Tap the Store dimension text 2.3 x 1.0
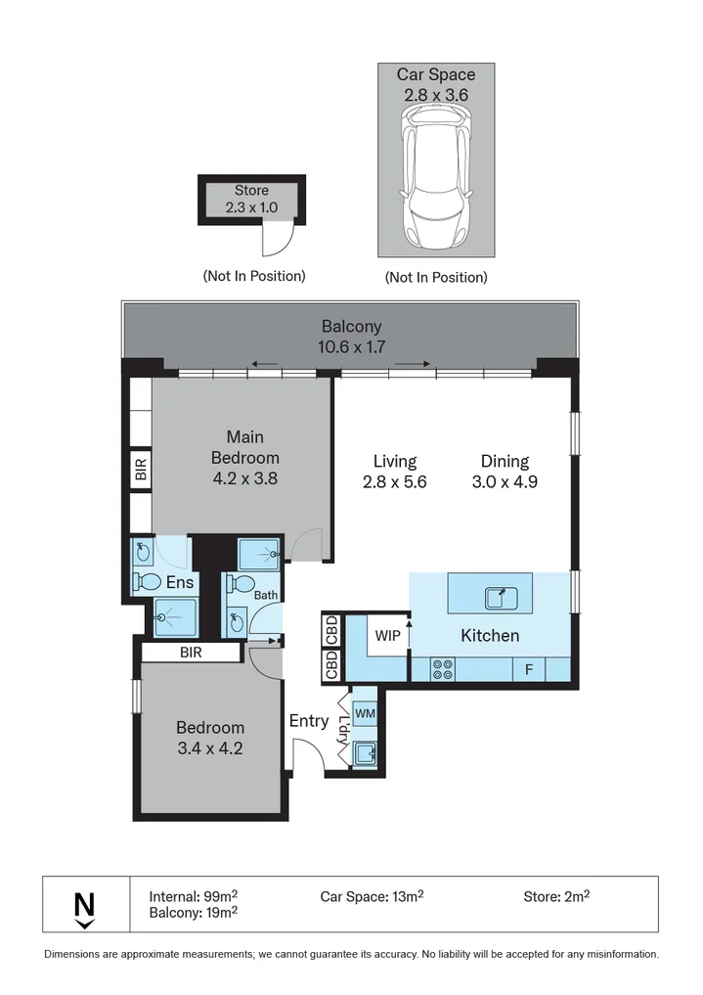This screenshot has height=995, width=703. click(x=251, y=207)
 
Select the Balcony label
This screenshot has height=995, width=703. click(x=352, y=327)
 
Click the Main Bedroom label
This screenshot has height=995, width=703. click(x=245, y=447)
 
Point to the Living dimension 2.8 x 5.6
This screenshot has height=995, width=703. click(x=395, y=482)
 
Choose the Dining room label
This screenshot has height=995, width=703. click(x=505, y=462)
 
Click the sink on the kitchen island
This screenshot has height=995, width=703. click(x=502, y=598)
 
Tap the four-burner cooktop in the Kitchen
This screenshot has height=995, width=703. click(x=443, y=670)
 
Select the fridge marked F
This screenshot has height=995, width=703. click(x=529, y=669)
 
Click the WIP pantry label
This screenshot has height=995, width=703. click(x=388, y=635)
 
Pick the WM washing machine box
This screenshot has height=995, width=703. click(x=365, y=713)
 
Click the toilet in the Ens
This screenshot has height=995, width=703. click(x=147, y=581)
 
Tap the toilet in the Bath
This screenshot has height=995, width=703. click(x=241, y=583)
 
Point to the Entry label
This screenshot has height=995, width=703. click(x=309, y=721)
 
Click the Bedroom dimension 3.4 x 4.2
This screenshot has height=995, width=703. click(x=210, y=748)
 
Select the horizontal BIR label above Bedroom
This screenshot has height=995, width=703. click(x=191, y=653)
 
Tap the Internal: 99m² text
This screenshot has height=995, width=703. click(x=194, y=896)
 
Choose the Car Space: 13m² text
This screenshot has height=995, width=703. click(x=373, y=896)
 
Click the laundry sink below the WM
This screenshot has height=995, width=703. click(x=365, y=754)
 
